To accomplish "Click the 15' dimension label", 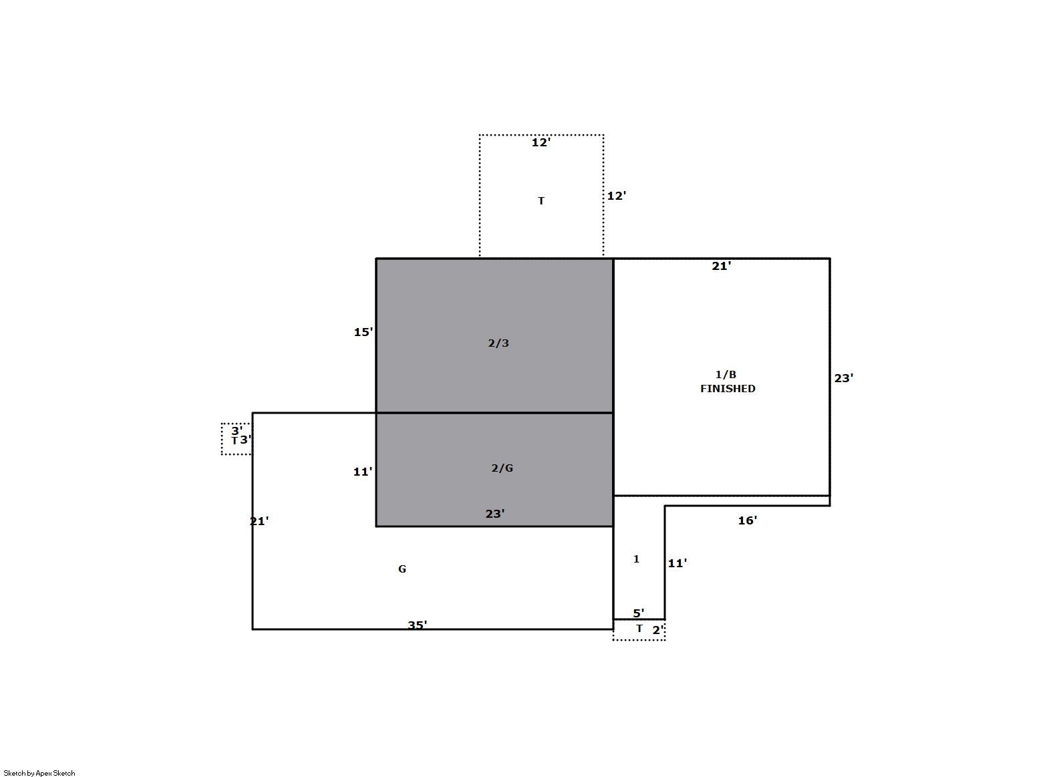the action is point(363,332).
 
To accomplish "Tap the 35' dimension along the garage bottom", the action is point(417,625).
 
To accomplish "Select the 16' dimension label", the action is point(748,520).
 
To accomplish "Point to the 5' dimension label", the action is point(638,613).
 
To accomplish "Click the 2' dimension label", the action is point(658,630).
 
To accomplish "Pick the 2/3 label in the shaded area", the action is point(498,343).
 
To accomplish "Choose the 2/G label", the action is point(502,468).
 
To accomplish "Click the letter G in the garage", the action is point(402,569).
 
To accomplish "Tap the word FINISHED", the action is point(728,389).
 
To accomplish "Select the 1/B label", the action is point(726,375).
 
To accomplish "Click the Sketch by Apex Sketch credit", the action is point(39,773).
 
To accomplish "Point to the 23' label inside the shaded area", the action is point(495,514).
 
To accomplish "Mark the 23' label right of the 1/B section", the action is point(843,378).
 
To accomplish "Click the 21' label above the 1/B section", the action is point(722,266).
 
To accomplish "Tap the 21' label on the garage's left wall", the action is point(259,521).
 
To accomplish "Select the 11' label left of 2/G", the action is point(363,472).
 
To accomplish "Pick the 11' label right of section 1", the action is point(677,563).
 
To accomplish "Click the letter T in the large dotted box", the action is point(541,201).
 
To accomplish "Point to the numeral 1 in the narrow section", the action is point(636,559).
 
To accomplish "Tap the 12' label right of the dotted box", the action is point(617,196).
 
